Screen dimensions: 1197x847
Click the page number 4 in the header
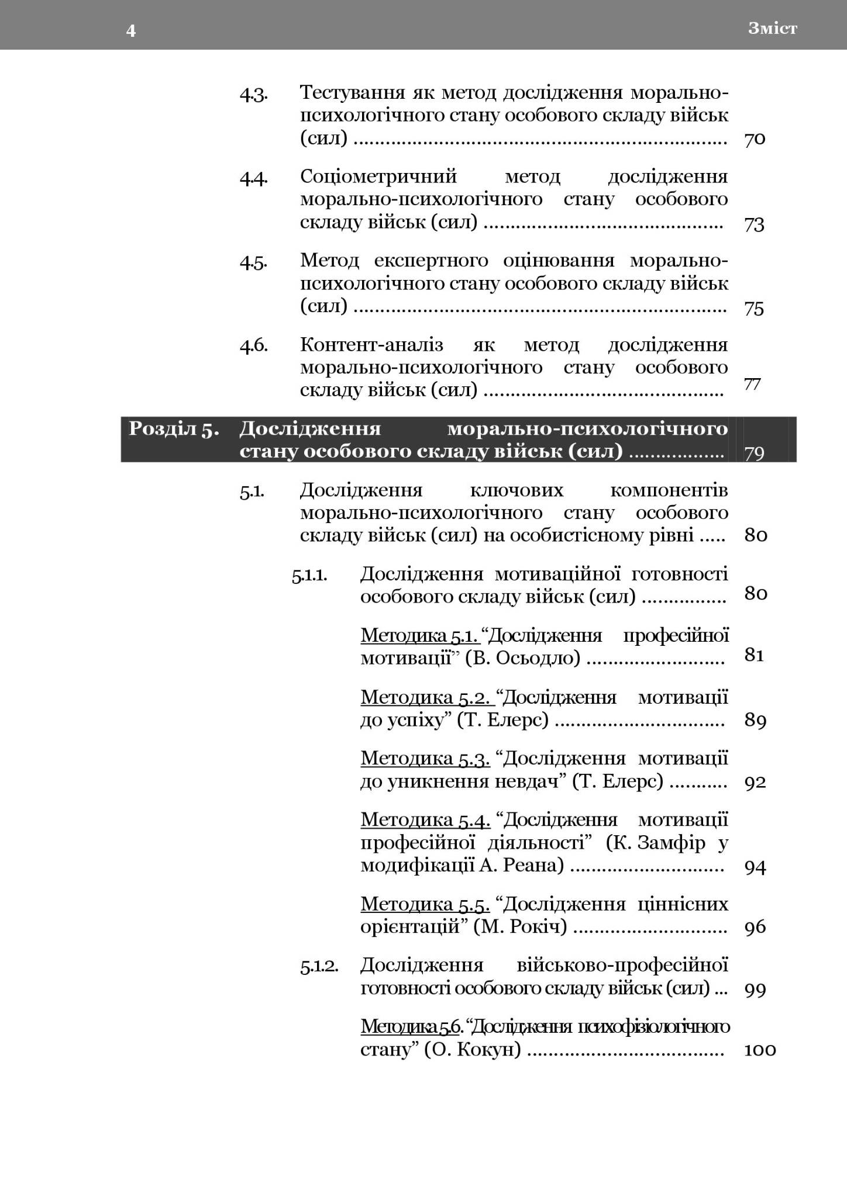[x=131, y=30]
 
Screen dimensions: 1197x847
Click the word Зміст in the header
[x=772, y=29]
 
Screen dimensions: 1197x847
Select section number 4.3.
[x=253, y=94]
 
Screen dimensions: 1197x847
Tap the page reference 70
[x=755, y=140]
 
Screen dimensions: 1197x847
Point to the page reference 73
[x=755, y=224]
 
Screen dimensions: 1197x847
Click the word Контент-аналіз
[x=371, y=345]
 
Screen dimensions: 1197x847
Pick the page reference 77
[x=752, y=384]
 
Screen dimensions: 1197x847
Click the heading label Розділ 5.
[x=174, y=428]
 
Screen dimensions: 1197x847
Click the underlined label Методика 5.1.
[x=419, y=635]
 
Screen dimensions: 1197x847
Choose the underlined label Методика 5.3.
[x=425, y=759]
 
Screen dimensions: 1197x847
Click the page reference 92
[x=755, y=782]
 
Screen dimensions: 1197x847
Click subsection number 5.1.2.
[x=319, y=966]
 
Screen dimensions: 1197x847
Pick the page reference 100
[x=760, y=1050]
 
